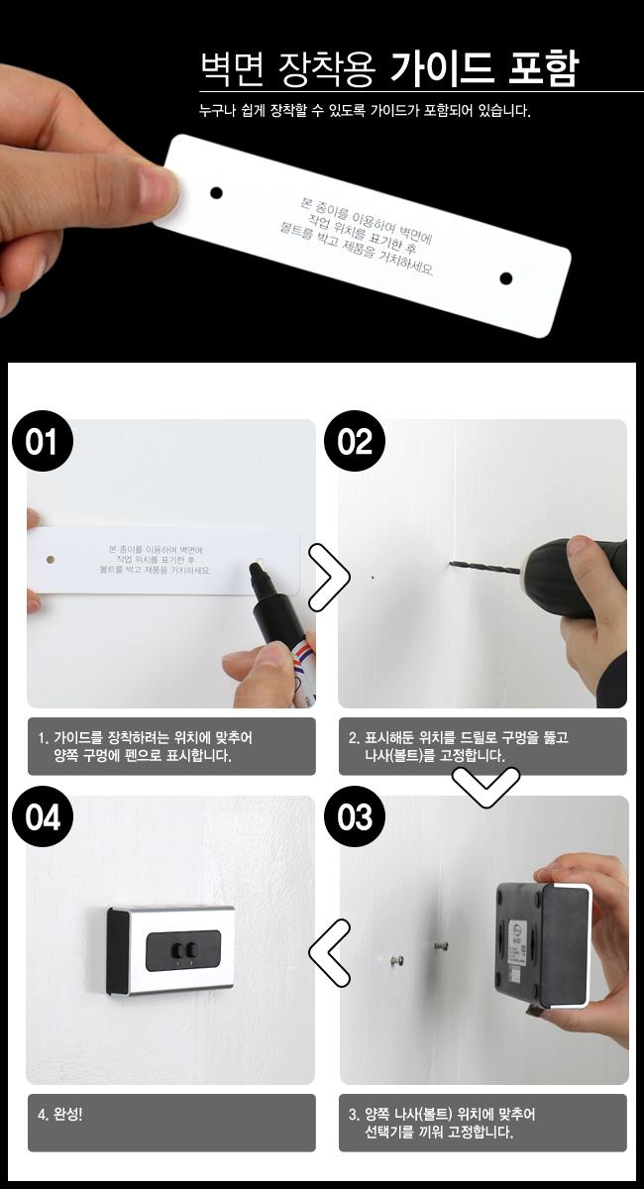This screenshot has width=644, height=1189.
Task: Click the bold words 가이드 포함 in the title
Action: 483,68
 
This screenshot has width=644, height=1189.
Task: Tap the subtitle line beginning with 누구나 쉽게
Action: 365,111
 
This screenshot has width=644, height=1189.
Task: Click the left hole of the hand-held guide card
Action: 216,192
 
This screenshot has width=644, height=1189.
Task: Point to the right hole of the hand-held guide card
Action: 505,277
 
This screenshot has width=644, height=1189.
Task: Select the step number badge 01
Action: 43,442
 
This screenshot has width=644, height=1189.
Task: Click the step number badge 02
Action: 355,442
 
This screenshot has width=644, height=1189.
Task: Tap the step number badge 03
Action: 355,817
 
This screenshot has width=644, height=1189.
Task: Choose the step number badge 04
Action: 43,817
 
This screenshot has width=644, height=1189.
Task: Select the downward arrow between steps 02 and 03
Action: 485,784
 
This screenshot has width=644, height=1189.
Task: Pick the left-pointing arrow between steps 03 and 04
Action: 329,952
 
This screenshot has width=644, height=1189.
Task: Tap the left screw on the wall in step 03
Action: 397,959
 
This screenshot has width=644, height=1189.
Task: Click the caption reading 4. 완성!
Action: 60,1114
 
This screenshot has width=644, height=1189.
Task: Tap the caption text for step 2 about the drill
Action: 458,746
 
